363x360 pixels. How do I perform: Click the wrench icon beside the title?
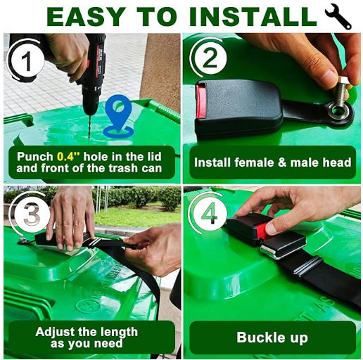click(338, 17)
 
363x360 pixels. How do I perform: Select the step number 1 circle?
click(26, 60)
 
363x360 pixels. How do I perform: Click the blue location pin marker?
click(119, 116)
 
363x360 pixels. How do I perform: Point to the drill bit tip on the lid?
click(89, 139)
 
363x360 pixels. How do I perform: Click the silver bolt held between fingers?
click(341, 90)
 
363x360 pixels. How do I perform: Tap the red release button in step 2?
click(200, 101)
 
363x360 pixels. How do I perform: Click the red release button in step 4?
click(262, 230)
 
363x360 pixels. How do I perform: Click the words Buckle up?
click(272, 337)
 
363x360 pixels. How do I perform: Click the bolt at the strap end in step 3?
click(23, 240)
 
